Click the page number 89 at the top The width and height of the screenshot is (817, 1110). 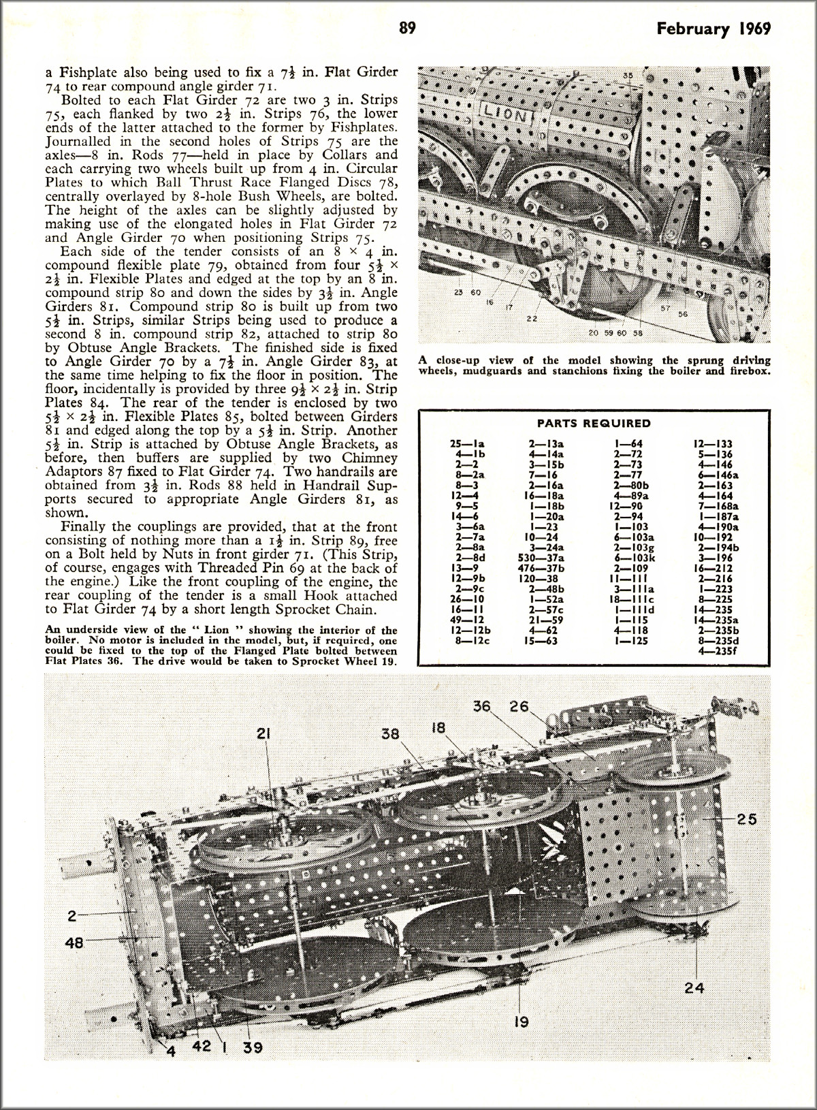click(407, 28)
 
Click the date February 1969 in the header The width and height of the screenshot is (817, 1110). click(714, 29)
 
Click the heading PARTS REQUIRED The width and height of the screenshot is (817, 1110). click(594, 423)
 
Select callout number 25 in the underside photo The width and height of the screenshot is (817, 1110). click(746, 819)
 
